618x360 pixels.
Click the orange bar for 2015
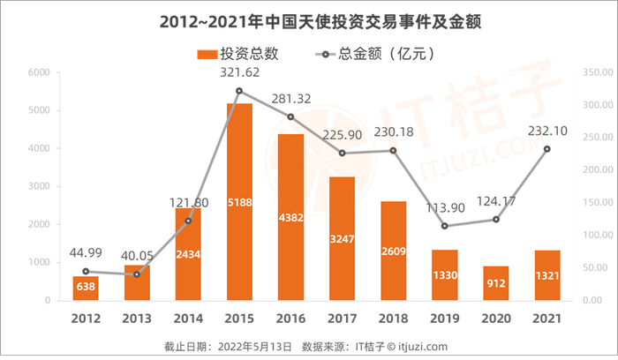click(x=239, y=202)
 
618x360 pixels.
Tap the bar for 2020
click(x=495, y=283)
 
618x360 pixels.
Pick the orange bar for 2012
click(x=86, y=289)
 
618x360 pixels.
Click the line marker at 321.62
click(x=239, y=91)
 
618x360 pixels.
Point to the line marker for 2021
click(x=546, y=149)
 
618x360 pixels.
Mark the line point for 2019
click(x=444, y=226)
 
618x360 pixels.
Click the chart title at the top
click(x=308, y=19)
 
